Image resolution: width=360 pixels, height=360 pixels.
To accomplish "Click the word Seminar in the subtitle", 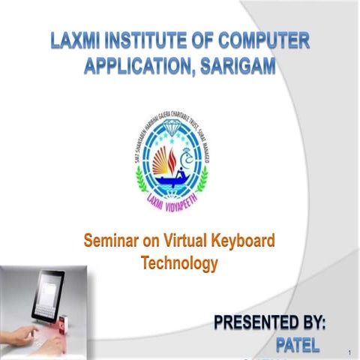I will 112,241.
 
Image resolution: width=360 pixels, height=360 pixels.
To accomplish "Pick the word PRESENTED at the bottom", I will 255,324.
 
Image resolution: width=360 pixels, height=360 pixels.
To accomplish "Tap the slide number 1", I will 349,351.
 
